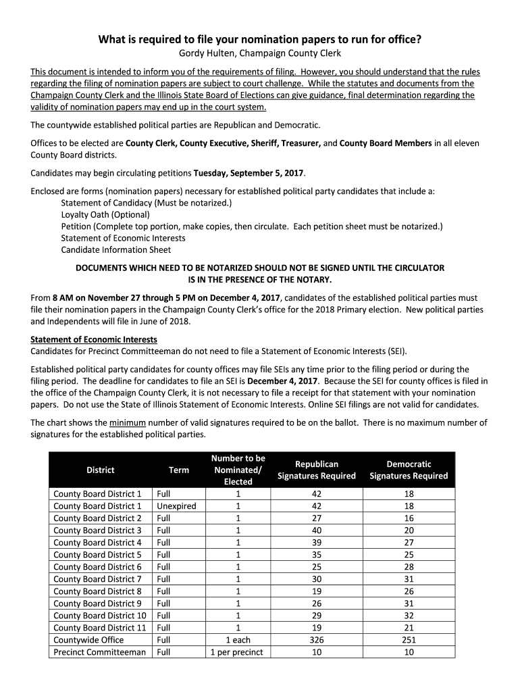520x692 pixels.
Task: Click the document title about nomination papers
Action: click(260, 39)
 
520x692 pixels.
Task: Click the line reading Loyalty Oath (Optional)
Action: click(105, 214)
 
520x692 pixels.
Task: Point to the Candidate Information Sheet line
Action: click(115, 249)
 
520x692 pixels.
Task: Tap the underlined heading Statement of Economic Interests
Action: click(94, 339)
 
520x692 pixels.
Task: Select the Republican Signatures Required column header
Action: click(316, 470)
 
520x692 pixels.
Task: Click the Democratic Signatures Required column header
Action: click(408, 470)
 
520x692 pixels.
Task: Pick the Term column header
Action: click(179, 470)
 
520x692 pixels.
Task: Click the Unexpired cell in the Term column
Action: click(176, 505)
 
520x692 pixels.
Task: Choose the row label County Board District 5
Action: click(97, 554)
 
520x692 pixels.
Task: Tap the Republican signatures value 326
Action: click(316, 639)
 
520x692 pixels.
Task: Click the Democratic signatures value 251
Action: click(408, 639)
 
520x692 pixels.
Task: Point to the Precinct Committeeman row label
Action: click(99, 651)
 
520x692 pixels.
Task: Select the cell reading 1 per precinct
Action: click(238, 651)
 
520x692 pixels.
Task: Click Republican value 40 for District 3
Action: click(316, 530)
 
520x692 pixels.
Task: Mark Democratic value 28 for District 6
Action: click(408, 566)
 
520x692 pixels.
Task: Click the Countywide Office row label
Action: click(88, 639)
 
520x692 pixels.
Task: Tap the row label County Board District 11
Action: click(99, 627)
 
